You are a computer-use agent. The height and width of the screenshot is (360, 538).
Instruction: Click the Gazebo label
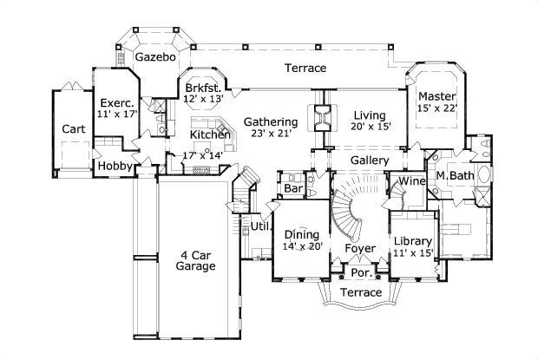pos(155,57)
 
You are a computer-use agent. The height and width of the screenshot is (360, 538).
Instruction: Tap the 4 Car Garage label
pos(195,260)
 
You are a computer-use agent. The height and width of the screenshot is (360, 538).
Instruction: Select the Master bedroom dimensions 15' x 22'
pos(437,108)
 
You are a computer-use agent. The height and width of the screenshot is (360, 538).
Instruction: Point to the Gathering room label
pos(271,121)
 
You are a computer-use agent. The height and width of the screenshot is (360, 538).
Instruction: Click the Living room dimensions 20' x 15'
pos(371,127)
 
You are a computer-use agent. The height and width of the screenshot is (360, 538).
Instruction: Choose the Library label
pos(413,241)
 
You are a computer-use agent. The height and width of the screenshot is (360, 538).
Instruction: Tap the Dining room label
pos(302,235)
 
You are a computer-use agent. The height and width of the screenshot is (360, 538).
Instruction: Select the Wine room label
pos(412,180)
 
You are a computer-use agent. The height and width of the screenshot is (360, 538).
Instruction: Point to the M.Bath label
pos(455,176)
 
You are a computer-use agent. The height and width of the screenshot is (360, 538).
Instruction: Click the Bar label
pos(293,188)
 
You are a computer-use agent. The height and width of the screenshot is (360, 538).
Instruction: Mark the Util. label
pos(261,226)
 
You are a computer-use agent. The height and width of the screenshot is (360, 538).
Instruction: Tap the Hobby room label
pos(115,166)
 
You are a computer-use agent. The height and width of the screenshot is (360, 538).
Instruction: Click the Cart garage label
pos(74,129)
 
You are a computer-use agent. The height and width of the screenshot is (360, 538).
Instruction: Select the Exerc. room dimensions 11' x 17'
pos(117,114)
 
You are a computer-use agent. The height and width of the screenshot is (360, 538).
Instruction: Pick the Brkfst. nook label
pos(205,88)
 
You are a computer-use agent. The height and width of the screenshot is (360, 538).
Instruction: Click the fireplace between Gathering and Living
pos(322,118)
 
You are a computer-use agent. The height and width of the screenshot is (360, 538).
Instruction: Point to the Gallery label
pos(370,160)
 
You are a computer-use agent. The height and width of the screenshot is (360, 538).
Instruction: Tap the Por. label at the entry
pos(362,273)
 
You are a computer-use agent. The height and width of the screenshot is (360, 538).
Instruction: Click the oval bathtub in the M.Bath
pos(484,175)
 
